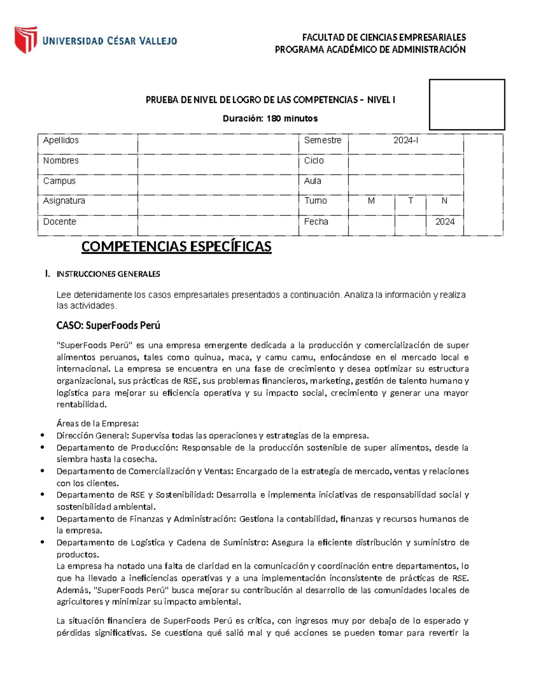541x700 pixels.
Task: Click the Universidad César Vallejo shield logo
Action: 26,40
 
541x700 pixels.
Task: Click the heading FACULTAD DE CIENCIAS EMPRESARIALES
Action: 384,37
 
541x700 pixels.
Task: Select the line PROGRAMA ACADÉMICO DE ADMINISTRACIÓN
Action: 370,50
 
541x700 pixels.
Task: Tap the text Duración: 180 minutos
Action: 270,119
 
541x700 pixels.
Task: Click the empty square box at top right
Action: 467,105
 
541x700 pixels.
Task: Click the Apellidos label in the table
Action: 61,140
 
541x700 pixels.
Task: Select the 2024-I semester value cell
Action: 406,141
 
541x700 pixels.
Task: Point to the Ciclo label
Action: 314,160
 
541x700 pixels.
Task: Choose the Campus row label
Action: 59,181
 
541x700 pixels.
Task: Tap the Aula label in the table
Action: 312,181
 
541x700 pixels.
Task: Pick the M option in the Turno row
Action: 371,201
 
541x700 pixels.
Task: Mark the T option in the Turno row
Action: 410,201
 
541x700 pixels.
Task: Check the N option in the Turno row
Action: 445,201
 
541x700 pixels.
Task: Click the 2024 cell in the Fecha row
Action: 445,222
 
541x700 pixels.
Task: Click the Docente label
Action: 60,222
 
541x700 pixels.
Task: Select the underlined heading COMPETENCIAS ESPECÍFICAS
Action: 176,247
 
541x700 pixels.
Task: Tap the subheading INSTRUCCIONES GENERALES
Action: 108,274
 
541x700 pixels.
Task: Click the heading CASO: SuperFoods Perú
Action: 108,325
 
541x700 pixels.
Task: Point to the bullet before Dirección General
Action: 42,435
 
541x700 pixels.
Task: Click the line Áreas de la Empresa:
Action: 97,424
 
